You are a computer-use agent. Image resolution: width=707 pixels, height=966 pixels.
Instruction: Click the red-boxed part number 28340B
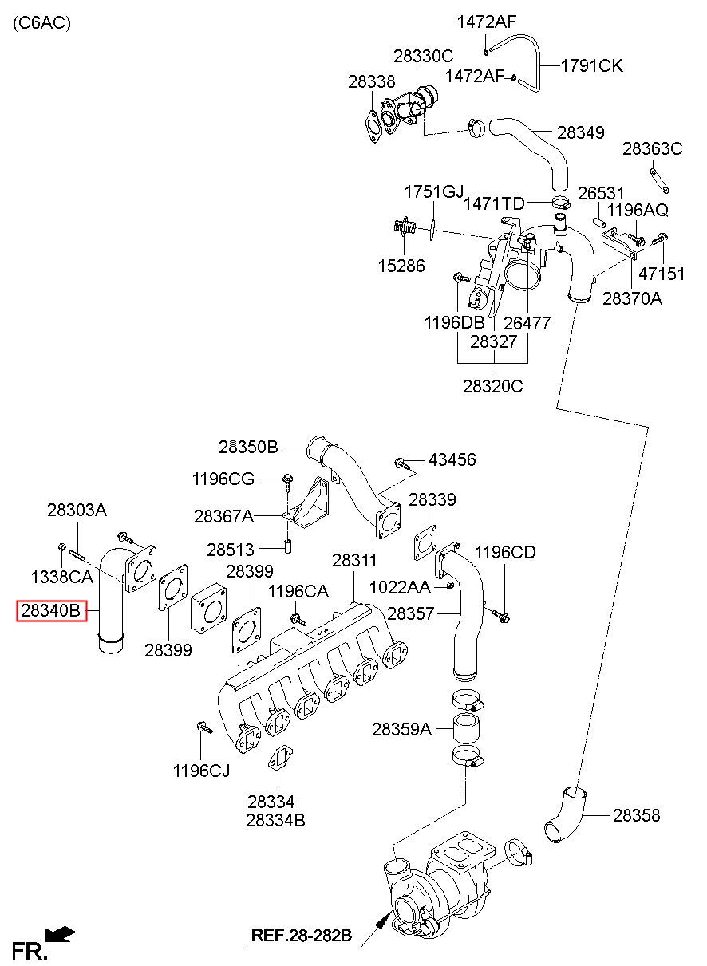pos(51,611)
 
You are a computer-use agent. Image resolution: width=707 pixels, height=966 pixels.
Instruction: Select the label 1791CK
pos(592,66)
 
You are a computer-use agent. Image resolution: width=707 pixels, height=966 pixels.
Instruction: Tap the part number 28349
pos(581,132)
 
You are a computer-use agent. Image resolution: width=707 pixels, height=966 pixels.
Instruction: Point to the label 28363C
pos(652,149)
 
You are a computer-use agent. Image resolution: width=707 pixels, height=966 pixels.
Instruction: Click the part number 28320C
pos(492,386)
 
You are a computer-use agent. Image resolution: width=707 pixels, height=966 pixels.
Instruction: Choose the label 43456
pos(452,459)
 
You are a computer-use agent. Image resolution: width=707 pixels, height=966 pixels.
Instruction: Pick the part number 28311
pos(354,560)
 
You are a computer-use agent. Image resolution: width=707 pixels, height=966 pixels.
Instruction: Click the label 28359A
pos(401,729)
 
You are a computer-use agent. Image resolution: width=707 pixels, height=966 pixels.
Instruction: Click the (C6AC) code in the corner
pos(41,22)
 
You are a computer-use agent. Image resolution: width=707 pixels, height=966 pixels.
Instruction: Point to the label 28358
pos(636,815)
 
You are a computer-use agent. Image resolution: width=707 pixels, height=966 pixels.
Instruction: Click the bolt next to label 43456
pos(401,463)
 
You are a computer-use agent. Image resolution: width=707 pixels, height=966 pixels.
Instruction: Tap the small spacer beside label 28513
pos(288,546)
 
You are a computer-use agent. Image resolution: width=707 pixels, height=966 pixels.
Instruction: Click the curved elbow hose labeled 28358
pos(564,815)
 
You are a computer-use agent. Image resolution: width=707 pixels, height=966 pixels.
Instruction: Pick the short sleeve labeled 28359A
pos(467,729)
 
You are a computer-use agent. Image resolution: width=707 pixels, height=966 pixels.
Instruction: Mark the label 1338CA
pos(61,577)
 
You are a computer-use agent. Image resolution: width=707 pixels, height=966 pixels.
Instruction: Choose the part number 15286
pos(401,266)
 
